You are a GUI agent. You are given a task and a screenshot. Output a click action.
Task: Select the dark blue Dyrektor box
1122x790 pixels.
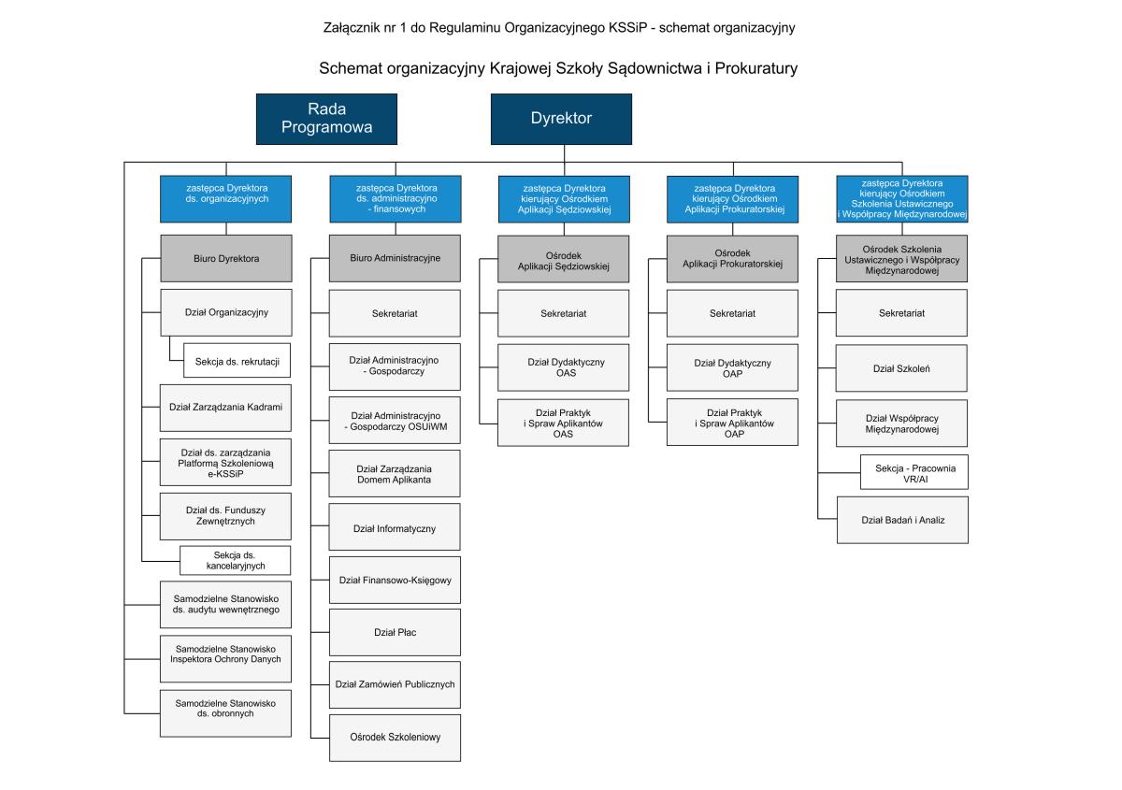(x=561, y=119)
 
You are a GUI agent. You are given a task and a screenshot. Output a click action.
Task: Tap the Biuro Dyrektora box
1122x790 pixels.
(x=225, y=258)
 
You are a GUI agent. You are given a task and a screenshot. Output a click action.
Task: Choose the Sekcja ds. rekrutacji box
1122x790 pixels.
(x=237, y=360)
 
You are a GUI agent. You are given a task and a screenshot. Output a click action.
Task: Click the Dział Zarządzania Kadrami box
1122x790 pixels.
(x=225, y=407)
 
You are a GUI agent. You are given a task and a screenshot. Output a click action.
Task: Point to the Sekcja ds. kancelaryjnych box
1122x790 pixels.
(x=236, y=560)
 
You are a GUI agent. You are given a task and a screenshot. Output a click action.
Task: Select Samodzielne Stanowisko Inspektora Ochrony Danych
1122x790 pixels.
(x=225, y=653)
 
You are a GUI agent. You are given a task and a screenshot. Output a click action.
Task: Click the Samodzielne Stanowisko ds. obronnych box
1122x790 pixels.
(x=225, y=707)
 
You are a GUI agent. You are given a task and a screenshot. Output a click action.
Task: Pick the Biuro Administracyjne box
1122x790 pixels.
(x=394, y=258)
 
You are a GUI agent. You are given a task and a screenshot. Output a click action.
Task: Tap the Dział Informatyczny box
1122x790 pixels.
(x=394, y=528)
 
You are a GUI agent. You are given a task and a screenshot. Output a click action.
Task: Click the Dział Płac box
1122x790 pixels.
(x=394, y=632)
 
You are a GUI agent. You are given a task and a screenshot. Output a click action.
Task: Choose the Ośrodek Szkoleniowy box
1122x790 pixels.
(x=394, y=736)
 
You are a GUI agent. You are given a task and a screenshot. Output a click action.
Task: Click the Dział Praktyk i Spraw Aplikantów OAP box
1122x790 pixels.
(x=732, y=423)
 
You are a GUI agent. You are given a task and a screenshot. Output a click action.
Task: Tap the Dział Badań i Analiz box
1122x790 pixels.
(x=902, y=518)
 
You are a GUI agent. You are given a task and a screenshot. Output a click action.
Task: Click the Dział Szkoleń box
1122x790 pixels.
(x=902, y=368)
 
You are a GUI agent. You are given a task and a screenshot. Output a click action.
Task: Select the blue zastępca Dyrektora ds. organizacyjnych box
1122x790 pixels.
(x=225, y=198)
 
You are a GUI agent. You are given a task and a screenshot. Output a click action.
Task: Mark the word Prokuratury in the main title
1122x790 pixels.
(x=757, y=68)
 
